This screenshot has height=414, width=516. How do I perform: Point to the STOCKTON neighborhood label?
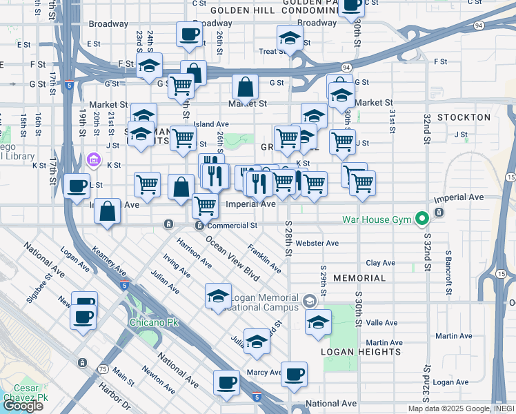(463, 117)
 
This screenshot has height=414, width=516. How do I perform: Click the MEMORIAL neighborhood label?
(359, 278)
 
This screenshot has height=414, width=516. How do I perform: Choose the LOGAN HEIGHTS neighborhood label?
(360, 352)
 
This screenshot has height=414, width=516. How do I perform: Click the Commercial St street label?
(232, 226)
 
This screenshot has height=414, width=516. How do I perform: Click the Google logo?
(23, 405)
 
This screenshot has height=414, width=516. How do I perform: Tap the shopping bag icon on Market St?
(246, 88)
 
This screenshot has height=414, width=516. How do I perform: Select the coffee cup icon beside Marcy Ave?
(294, 374)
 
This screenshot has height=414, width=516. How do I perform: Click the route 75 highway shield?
(103, 369)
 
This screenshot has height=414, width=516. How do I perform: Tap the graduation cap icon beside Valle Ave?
(318, 322)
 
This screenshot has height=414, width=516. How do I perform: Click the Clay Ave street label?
(380, 263)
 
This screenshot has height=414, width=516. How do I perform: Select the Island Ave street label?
(210, 124)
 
